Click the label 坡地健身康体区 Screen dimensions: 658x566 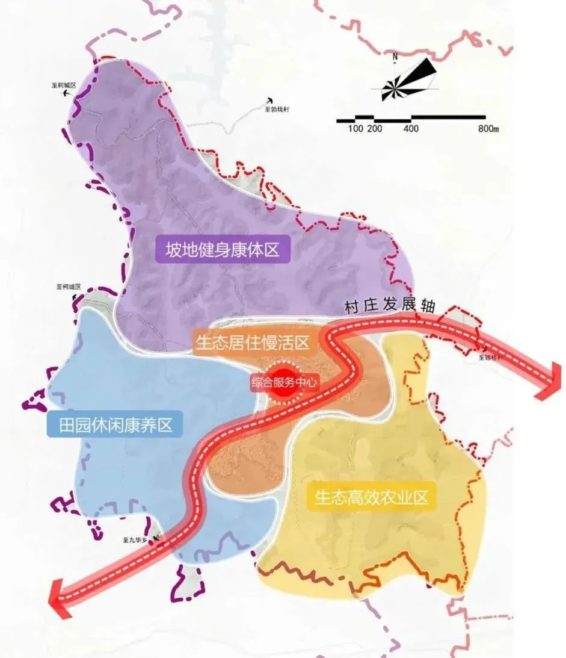pos(223,249)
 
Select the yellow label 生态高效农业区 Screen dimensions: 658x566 pos(371,497)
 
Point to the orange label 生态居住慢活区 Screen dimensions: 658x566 pos(252,343)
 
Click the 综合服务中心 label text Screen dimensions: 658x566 pos(283,382)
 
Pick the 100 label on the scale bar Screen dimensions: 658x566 pos(355,129)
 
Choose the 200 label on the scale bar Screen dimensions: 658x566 pos(374,129)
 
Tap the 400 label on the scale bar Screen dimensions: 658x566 pos(411,129)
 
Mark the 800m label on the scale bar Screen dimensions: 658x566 pos(488,129)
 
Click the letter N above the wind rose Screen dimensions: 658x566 pos(395,57)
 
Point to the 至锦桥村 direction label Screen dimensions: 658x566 pos(490,357)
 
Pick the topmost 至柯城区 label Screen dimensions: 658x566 pos(63,86)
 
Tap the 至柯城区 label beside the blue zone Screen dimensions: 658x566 pos(68,287)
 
